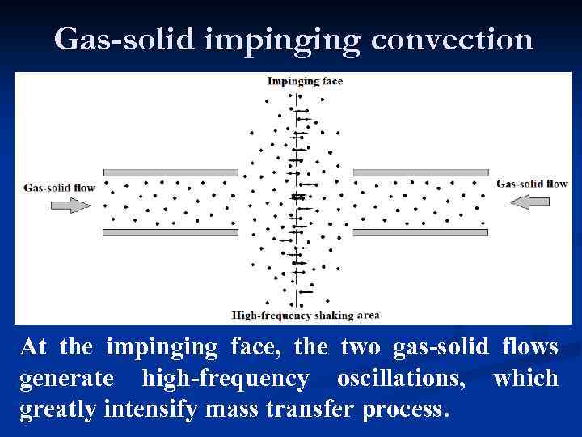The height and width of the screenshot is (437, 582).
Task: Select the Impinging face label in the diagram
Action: (x=305, y=80)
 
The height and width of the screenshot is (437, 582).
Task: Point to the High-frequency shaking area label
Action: (x=305, y=314)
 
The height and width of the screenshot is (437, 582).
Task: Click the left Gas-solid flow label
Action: (x=60, y=188)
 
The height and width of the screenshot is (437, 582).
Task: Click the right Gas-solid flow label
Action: (x=532, y=184)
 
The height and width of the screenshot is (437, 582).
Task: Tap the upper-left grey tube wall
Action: (x=171, y=172)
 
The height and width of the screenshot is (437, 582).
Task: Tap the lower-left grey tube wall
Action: (x=171, y=233)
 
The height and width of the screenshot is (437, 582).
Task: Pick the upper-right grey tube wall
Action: (x=420, y=172)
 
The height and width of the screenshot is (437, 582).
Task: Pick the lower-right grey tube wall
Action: (x=420, y=233)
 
